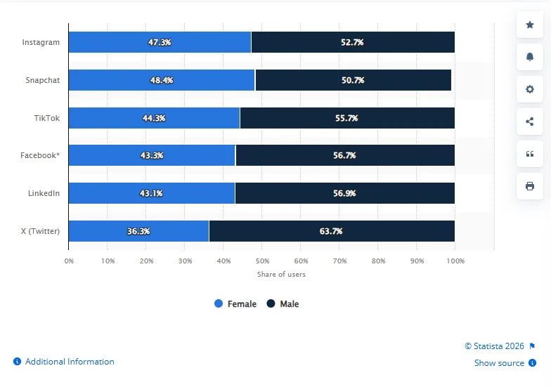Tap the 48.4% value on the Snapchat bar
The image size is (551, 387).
pyautogui.click(x=162, y=80)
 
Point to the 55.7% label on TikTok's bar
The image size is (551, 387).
pyautogui.click(x=346, y=118)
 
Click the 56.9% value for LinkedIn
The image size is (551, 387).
pyautogui.click(x=344, y=193)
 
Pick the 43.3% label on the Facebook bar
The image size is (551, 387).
pyautogui.click(x=152, y=155)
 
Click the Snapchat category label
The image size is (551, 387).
pyautogui.click(x=43, y=80)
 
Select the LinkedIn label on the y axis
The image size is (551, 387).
pyautogui.click(x=44, y=193)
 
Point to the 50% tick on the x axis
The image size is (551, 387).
pyautogui.click(x=261, y=261)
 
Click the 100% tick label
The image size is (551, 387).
pyautogui.click(x=455, y=261)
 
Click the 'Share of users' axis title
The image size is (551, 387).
pyautogui.click(x=281, y=274)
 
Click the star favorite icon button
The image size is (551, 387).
pyautogui.click(x=529, y=25)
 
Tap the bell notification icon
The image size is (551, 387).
pyautogui.click(x=529, y=57)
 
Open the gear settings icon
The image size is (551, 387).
pyautogui.click(x=529, y=89)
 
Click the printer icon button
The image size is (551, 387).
pyautogui.click(x=529, y=186)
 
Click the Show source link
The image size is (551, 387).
pyautogui.click(x=499, y=363)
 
